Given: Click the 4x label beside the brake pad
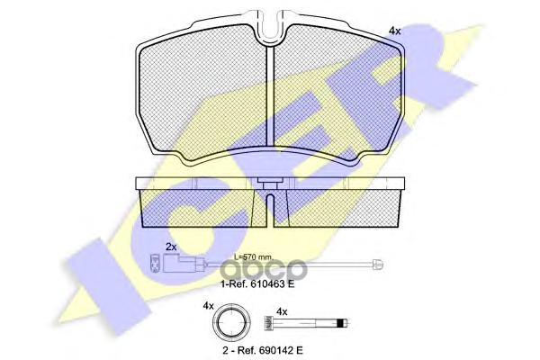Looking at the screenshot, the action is point(395,31).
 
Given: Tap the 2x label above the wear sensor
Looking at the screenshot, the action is point(171,247).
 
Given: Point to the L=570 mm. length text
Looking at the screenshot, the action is point(254,256).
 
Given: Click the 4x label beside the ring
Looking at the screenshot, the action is point(208,306).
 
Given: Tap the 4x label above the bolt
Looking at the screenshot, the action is point(282,312).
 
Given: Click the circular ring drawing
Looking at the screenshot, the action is point(231,323).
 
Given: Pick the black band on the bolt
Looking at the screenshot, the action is point(340,323).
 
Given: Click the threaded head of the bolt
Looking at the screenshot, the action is point(268,323).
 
